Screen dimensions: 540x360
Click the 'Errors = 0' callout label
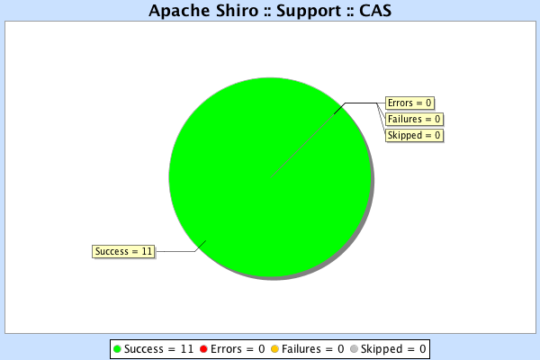410,103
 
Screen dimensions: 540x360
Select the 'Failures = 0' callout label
414,119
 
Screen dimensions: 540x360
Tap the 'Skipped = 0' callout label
414,135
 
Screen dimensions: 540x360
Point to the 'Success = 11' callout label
123,251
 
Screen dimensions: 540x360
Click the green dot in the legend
117,348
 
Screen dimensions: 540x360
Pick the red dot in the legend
203,348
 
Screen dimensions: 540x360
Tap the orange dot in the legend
274,348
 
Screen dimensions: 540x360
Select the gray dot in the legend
354,348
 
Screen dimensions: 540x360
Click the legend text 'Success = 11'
158,348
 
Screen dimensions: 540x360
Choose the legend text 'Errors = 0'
238,348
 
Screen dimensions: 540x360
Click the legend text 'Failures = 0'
313,348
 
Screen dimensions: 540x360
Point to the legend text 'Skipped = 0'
393,348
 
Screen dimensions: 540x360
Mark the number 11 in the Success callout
147,251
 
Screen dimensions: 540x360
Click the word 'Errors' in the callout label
401,103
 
